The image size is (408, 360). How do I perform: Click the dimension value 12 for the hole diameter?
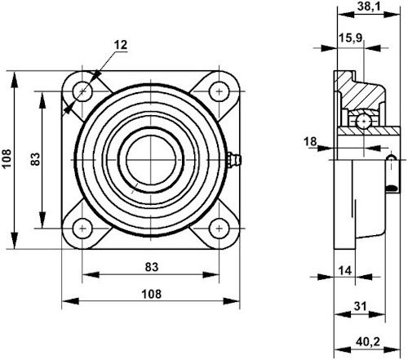point(121,45)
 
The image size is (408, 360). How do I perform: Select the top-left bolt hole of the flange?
point(82,91)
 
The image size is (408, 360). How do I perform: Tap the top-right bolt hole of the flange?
point(220,91)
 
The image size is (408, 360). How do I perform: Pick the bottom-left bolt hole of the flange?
point(82,229)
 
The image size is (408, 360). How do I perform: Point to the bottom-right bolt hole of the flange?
point(220,229)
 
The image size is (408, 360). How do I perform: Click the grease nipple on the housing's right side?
point(234,160)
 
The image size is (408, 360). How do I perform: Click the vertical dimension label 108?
point(7,159)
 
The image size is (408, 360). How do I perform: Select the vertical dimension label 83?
point(35,159)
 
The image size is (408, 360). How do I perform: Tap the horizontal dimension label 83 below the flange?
point(152,267)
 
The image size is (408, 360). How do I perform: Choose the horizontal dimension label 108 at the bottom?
point(152,294)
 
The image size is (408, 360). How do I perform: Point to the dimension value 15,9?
point(351,38)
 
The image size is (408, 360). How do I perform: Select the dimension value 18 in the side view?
point(310,141)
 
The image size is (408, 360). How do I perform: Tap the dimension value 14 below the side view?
point(345,270)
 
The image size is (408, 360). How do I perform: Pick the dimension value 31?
point(361,306)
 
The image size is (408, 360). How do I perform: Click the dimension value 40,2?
point(368,342)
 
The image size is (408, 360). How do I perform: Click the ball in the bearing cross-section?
point(363,121)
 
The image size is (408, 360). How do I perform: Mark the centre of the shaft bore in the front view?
point(151,160)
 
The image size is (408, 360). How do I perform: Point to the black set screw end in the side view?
point(392,189)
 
